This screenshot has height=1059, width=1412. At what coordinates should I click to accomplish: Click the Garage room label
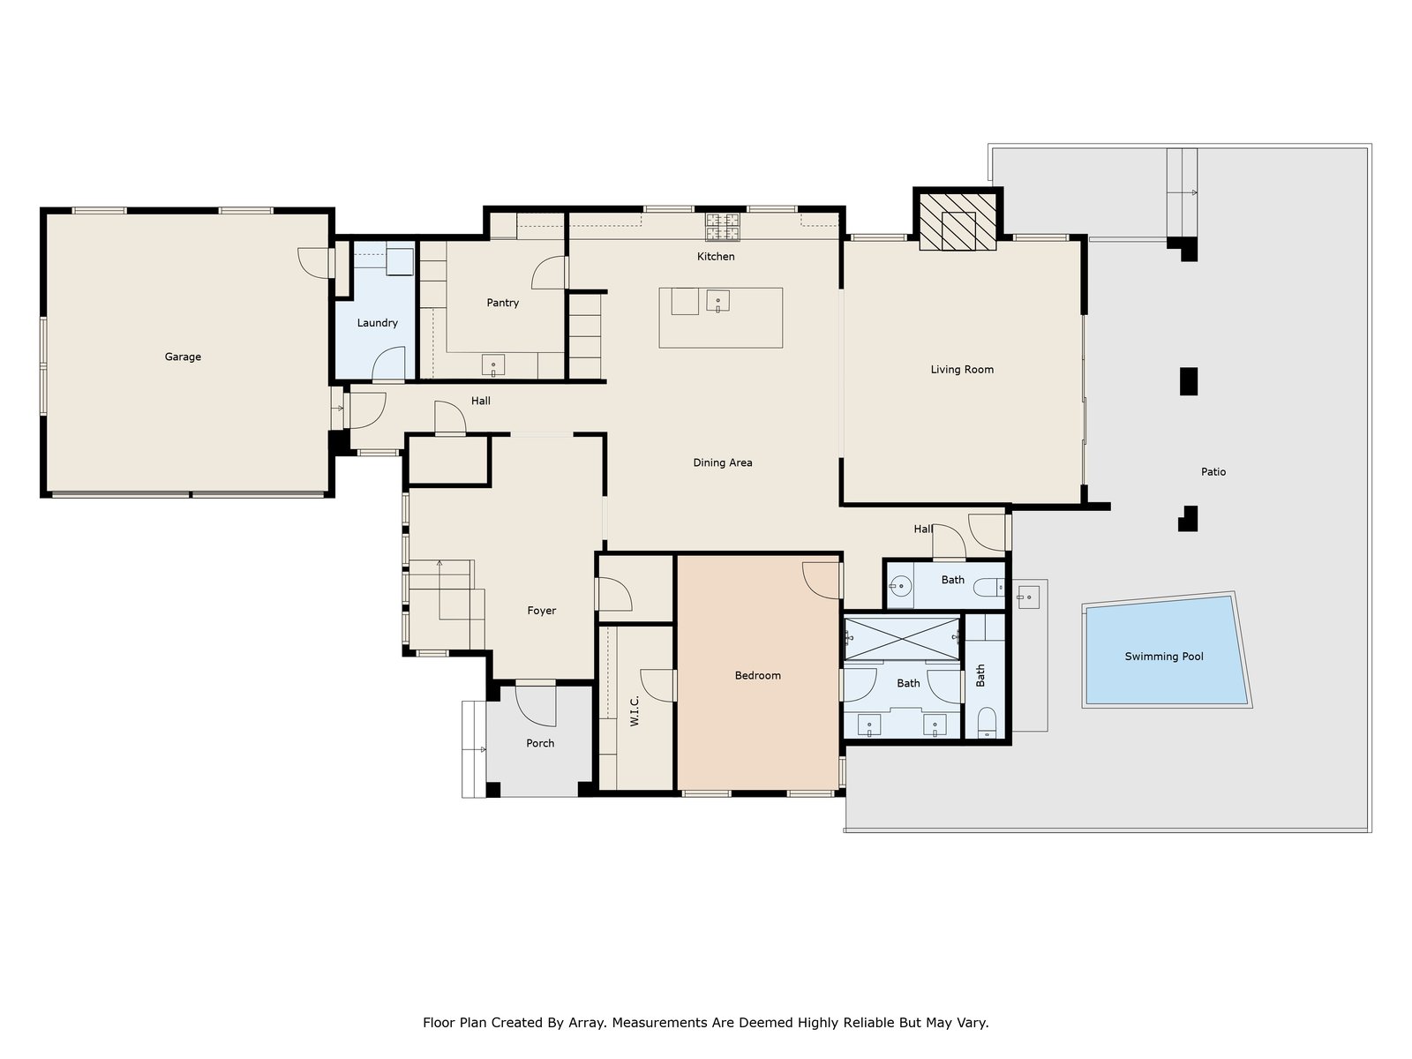click(183, 357)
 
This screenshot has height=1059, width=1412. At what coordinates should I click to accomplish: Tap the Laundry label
click(377, 323)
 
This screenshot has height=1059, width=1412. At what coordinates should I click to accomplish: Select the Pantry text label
click(502, 303)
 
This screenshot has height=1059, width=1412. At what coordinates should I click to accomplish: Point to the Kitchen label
click(716, 257)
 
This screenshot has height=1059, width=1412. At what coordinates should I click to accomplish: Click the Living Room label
click(962, 370)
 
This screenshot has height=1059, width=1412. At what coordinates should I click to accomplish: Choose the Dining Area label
click(723, 463)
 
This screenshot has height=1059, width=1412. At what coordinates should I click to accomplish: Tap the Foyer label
click(541, 611)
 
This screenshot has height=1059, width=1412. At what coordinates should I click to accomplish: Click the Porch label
click(540, 743)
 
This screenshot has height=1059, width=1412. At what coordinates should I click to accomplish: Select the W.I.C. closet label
click(635, 710)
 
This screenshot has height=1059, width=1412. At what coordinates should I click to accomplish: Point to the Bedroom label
click(758, 676)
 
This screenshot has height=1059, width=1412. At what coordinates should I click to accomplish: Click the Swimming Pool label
click(1164, 657)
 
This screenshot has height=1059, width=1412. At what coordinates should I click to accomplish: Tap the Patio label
click(1213, 472)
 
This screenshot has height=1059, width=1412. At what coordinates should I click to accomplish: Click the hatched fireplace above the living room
click(958, 222)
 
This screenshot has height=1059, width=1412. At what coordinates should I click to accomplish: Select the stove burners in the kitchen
click(723, 227)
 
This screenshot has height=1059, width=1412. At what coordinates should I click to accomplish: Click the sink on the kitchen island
click(717, 301)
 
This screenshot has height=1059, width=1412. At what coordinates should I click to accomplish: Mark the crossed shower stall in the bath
click(902, 639)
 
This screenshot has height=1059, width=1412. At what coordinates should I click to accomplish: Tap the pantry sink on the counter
click(493, 365)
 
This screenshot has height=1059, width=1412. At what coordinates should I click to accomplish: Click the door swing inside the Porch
click(536, 706)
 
